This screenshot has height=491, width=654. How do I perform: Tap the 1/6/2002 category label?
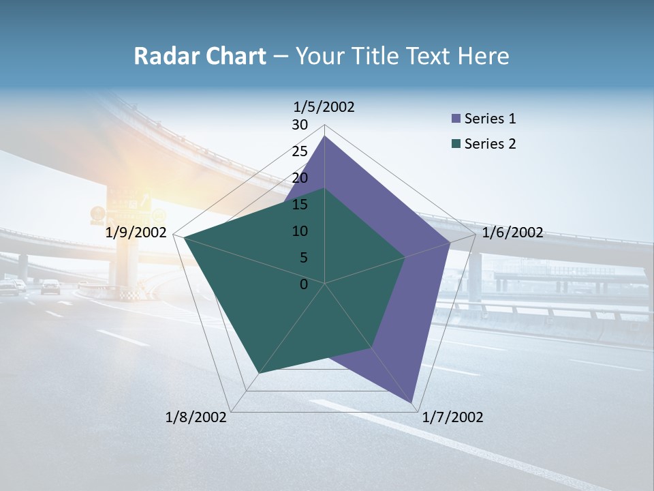pyautogui.click(x=512, y=233)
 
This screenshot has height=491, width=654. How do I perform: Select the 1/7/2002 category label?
pyautogui.click(x=452, y=417)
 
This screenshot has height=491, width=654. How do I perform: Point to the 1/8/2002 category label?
pyautogui.click(x=196, y=417)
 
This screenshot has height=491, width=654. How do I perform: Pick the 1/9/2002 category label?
pyautogui.click(x=136, y=233)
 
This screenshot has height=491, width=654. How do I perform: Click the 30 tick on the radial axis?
pyautogui.click(x=300, y=125)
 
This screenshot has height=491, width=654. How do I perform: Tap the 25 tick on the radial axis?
pyautogui.click(x=300, y=151)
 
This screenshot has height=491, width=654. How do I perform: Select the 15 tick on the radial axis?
pyautogui.click(x=300, y=205)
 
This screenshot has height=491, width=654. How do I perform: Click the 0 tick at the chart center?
pyautogui.click(x=304, y=284)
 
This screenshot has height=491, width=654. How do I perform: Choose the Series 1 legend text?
pyautogui.click(x=490, y=119)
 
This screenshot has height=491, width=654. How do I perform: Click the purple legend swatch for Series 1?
pyautogui.click(x=456, y=119)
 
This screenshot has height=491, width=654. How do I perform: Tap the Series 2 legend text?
pyautogui.click(x=490, y=144)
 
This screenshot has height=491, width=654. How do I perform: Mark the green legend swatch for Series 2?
pyautogui.click(x=456, y=144)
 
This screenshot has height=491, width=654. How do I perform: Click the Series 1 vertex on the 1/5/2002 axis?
pyautogui.click(x=325, y=136)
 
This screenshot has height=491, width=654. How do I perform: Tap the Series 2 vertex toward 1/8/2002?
pyautogui.click(x=259, y=373)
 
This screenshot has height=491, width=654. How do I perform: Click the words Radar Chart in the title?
pyautogui.click(x=200, y=56)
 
